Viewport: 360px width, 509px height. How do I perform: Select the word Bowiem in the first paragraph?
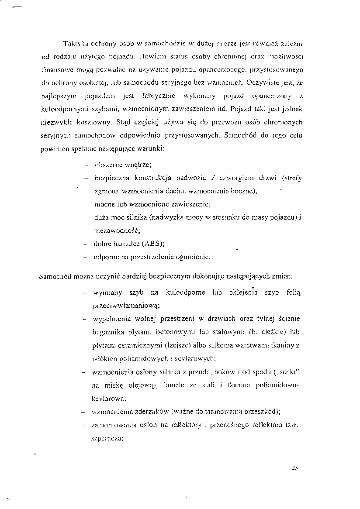153,57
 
